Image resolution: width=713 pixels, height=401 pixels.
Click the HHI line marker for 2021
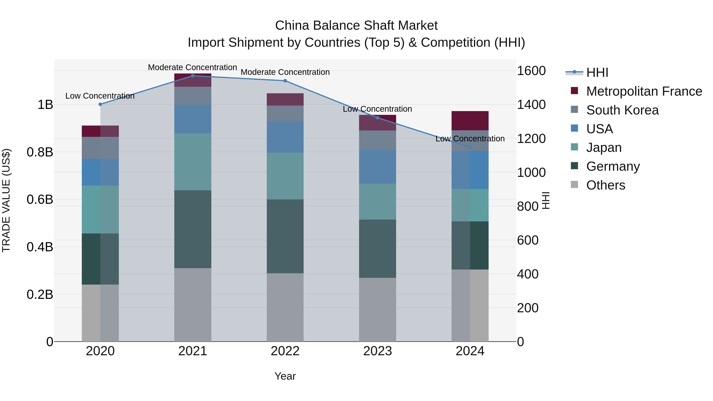click(x=193, y=76)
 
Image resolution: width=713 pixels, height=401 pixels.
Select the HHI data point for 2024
click(x=470, y=147)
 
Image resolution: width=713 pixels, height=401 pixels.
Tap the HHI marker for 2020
click(x=100, y=104)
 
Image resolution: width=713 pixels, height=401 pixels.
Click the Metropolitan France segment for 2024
click(x=470, y=121)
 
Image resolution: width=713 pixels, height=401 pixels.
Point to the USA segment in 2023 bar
click(x=377, y=167)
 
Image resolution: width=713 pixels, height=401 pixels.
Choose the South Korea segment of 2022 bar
click(x=285, y=114)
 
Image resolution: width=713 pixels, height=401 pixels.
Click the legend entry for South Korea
click(x=622, y=110)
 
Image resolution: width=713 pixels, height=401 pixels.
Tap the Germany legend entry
click(x=613, y=166)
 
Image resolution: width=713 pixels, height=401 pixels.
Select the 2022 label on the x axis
click(x=285, y=351)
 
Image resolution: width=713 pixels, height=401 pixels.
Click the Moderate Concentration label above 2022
click(x=285, y=72)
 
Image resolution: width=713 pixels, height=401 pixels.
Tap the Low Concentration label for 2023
click(x=377, y=109)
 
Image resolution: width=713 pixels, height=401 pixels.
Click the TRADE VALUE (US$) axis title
click(x=6, y=200)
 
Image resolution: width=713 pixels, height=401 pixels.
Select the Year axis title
click(x=285, y=376)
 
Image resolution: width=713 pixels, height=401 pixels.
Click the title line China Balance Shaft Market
click(x=356, y=26)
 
